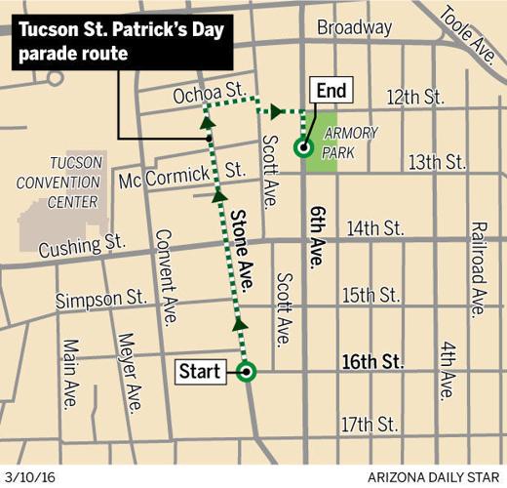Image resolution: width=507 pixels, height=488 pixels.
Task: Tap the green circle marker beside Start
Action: (x=246, y=371)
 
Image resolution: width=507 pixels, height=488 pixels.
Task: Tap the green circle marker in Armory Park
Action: (x=303, y=149)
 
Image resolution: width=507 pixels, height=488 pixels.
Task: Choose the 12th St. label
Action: (x=414, y=98)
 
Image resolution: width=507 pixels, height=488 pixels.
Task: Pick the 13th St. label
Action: (x=438, y=162)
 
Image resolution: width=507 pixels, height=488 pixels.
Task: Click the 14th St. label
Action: (x=374, y=228)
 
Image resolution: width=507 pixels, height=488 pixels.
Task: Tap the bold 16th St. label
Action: (x=372, y=362)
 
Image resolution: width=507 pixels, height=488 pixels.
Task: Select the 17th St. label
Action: (x=370, y=426)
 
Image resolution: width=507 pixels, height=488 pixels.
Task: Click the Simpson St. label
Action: (x=101, y=299)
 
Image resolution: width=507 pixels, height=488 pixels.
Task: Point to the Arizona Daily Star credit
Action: (x=435, y=477)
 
